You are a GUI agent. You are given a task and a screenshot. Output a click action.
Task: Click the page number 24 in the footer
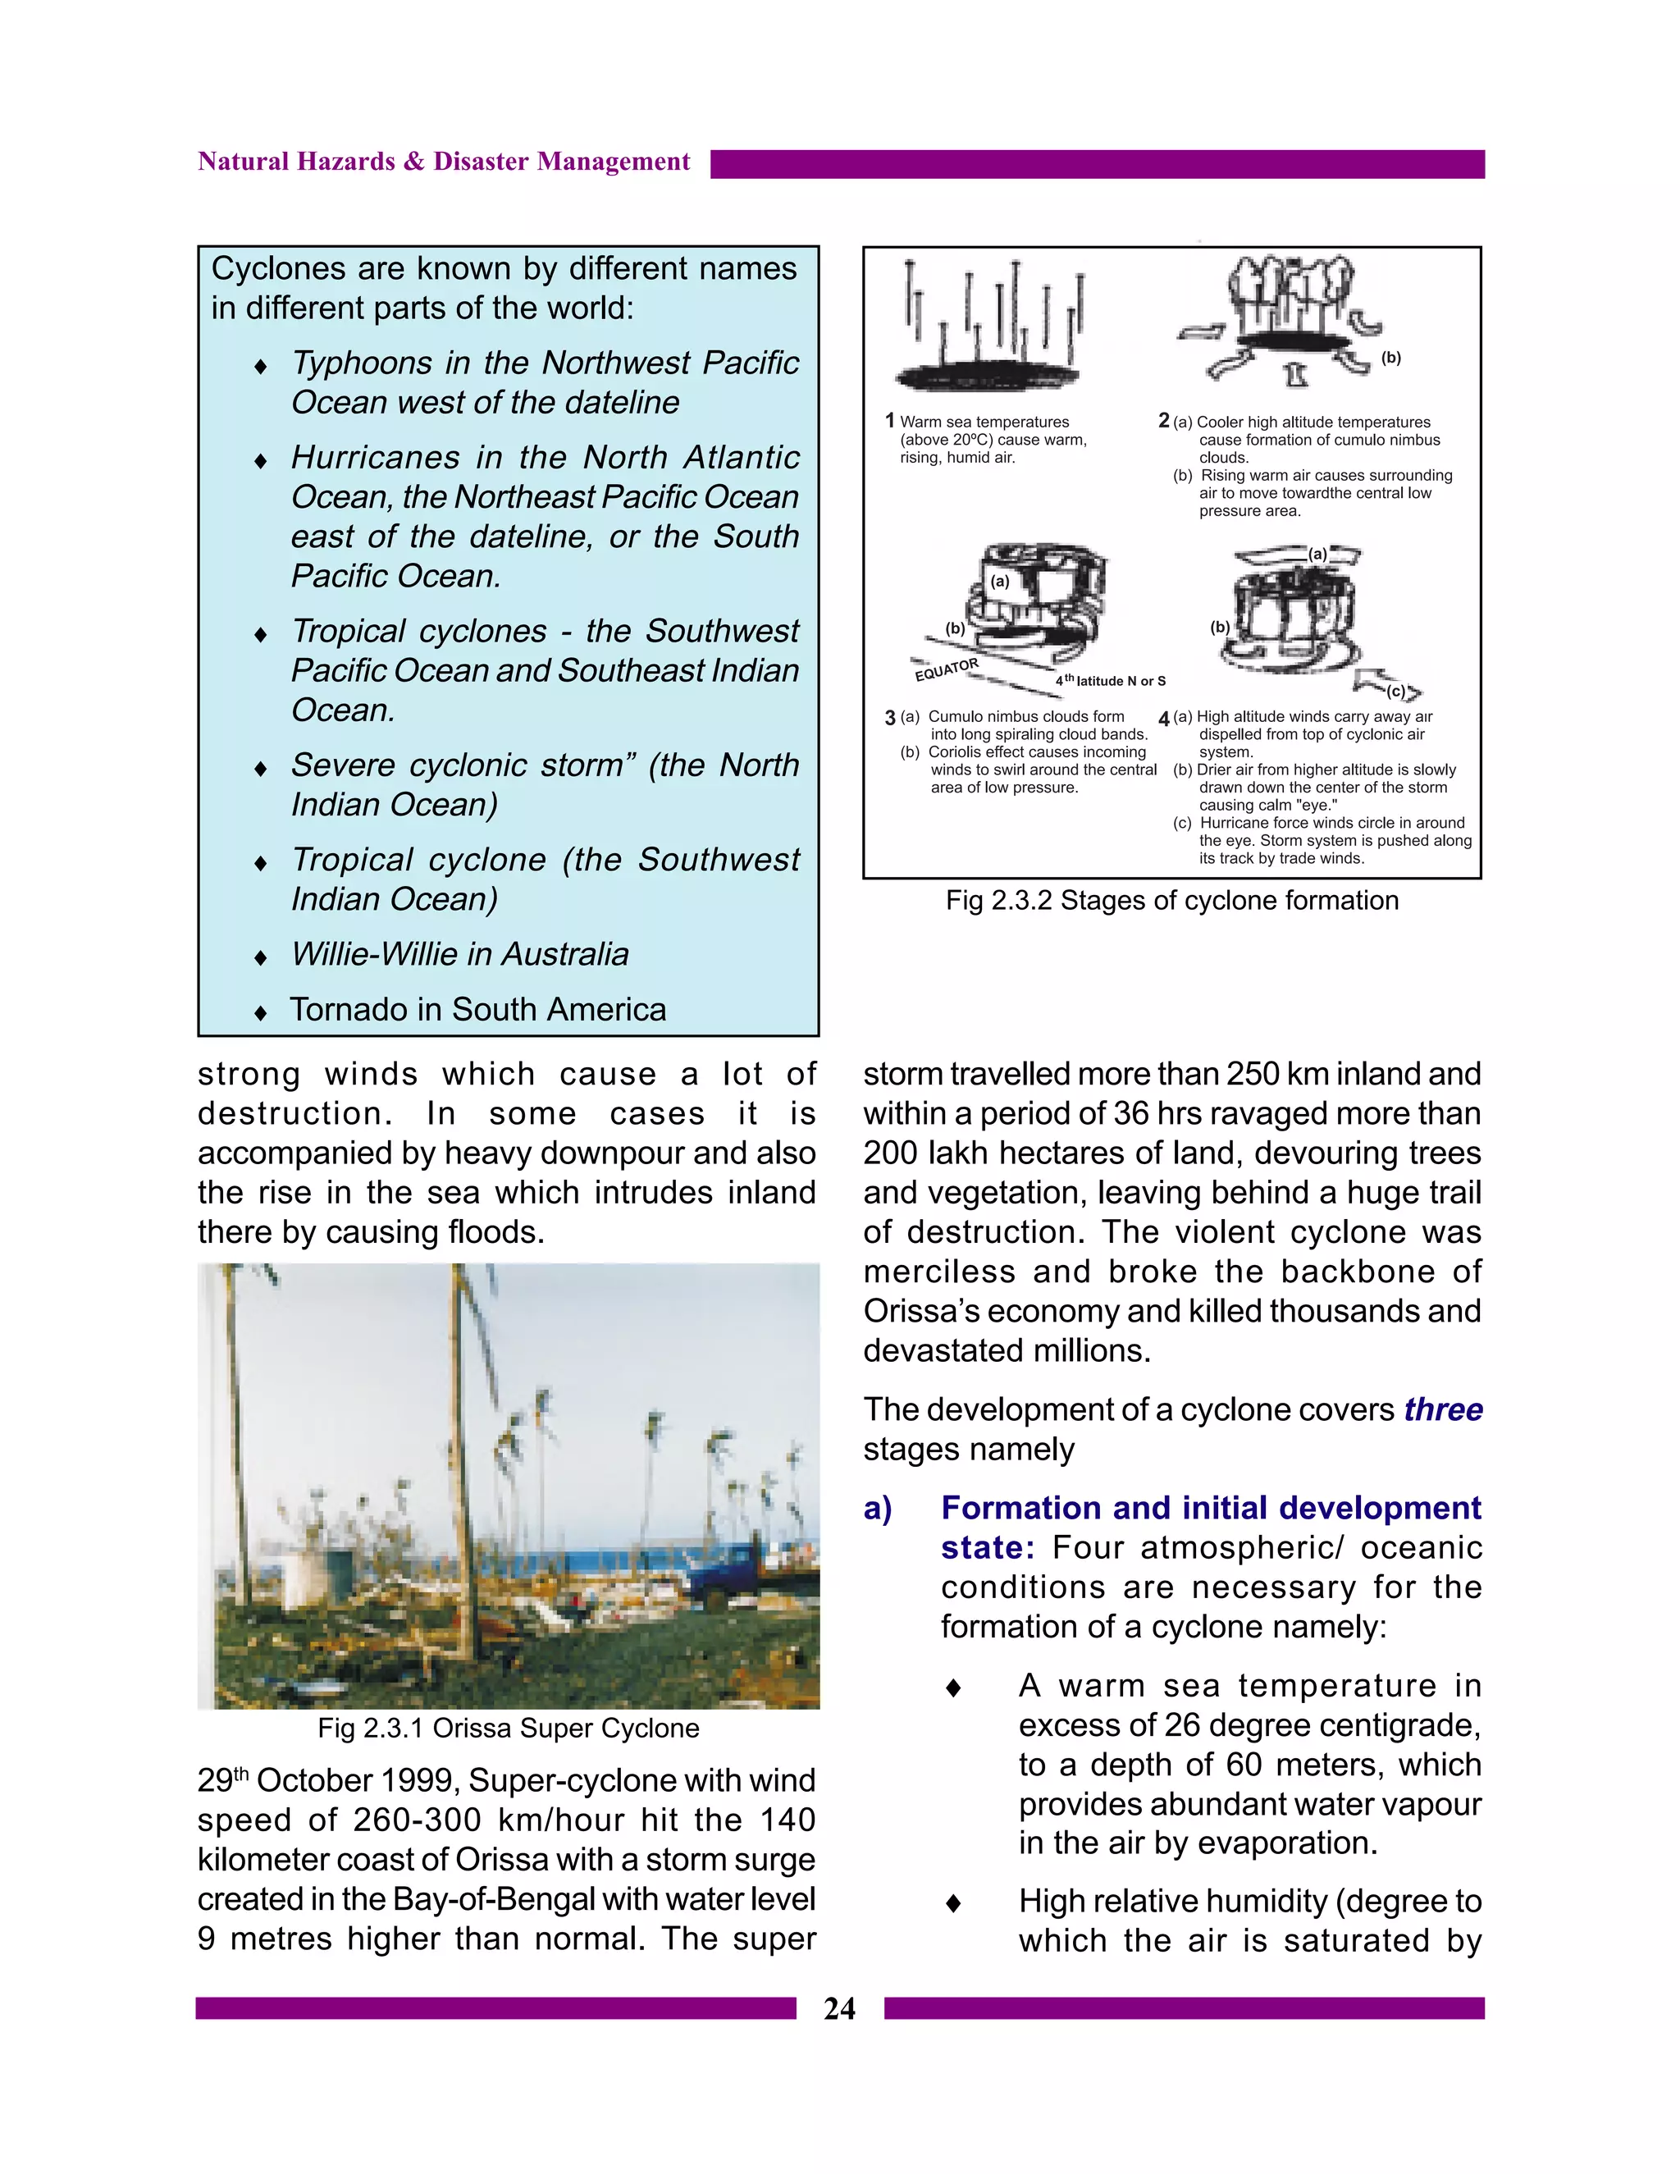tap(839, 2009)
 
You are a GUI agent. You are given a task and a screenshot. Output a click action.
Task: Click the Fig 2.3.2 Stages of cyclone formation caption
tap(1171, 901)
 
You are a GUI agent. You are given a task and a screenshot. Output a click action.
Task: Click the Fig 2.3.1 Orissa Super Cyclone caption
tap(508, 1728)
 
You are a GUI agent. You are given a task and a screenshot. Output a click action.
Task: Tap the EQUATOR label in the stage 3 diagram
tap(947, 670)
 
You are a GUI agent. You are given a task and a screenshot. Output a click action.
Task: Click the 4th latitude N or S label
tap(1111, 681)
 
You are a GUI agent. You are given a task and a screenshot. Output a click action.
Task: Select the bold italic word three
tap(1443, 1410)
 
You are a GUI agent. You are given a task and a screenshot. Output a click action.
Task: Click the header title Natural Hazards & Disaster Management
tap(443, 162)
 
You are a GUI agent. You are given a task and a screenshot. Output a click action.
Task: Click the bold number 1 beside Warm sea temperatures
tap(890, 421)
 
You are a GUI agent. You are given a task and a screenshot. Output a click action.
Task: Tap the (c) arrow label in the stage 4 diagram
tap(1396, 691)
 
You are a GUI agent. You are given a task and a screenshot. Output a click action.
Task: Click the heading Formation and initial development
tap(1210, 1508)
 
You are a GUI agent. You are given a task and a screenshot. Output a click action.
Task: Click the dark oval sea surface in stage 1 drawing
tap(986, 377)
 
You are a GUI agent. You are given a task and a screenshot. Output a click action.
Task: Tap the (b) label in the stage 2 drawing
tap(1390, 359)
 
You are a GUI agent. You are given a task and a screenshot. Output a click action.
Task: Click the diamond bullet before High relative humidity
tap(952, 1903)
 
